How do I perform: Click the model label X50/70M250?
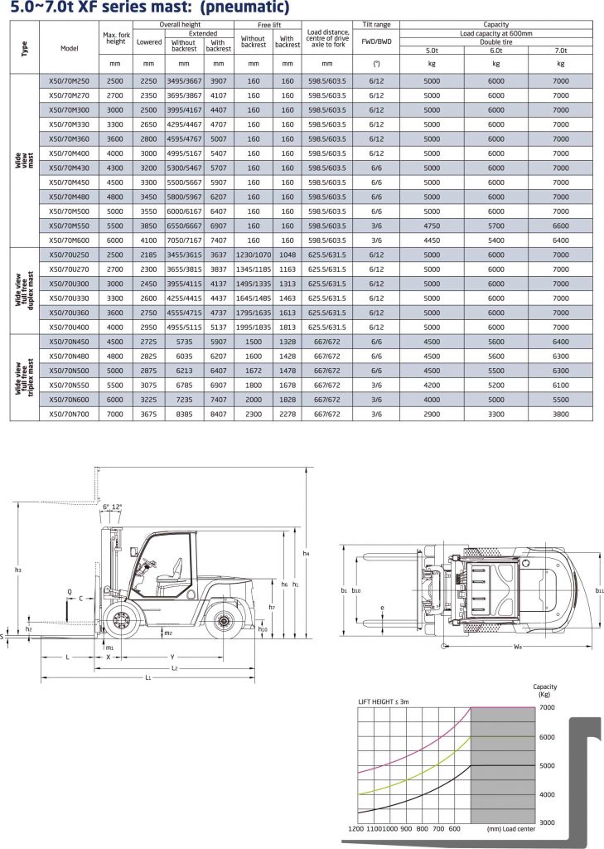70,81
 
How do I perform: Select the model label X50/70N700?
70,415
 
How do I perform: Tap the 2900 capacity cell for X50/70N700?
432,415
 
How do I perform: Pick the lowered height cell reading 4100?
148,240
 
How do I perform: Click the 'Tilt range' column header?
376,25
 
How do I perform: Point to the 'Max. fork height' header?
116,38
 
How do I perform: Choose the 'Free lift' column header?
269,25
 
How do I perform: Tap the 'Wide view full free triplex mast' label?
24,378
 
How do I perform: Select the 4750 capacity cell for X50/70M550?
432,226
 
